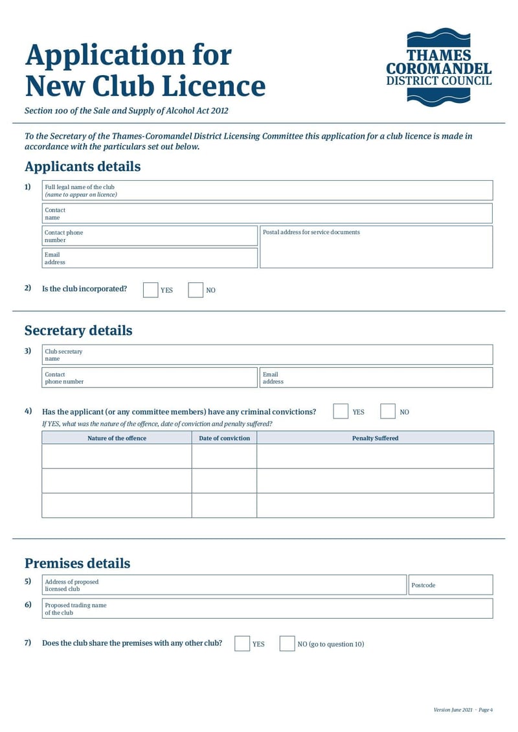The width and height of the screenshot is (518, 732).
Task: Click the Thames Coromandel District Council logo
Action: click(438, 67)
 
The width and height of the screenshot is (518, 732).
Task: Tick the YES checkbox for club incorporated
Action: click(150, 290)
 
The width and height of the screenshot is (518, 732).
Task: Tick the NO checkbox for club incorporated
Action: click(196, 290)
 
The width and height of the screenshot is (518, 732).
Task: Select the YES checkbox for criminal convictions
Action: click(341, 411)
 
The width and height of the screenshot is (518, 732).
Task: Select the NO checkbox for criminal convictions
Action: click(388, 411)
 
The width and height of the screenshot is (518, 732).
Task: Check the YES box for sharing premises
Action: click(242, 643)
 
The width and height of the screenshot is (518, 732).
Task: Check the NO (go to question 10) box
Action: click(287, 643)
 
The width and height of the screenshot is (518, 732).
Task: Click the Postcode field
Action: click(450, 585)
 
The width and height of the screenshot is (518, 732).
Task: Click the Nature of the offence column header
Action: click(117, 438)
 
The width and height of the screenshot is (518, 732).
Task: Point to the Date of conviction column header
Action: click(224, 438)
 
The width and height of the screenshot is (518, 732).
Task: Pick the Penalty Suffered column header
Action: click(375, 438)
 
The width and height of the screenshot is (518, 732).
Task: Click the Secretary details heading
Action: click(78, 330)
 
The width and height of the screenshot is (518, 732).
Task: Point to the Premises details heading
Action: click(77, 563)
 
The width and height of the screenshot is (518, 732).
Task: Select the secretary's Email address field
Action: click(376, 378)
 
